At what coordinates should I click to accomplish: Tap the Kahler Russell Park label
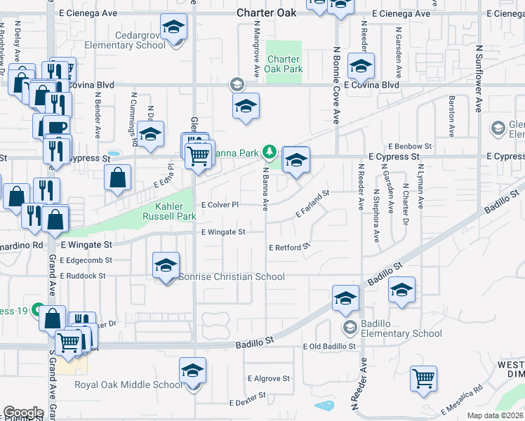176,212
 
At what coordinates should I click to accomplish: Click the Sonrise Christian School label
232,276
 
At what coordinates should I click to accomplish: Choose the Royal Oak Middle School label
128,385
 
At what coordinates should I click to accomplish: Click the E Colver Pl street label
220,205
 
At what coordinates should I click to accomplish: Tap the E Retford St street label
289,247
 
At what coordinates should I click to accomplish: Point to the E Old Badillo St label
330,347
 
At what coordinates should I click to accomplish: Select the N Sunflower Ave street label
479,79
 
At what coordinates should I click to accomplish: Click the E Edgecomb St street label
86,260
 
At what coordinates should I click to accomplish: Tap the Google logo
23,413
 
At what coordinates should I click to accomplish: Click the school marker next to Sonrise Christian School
166,267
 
